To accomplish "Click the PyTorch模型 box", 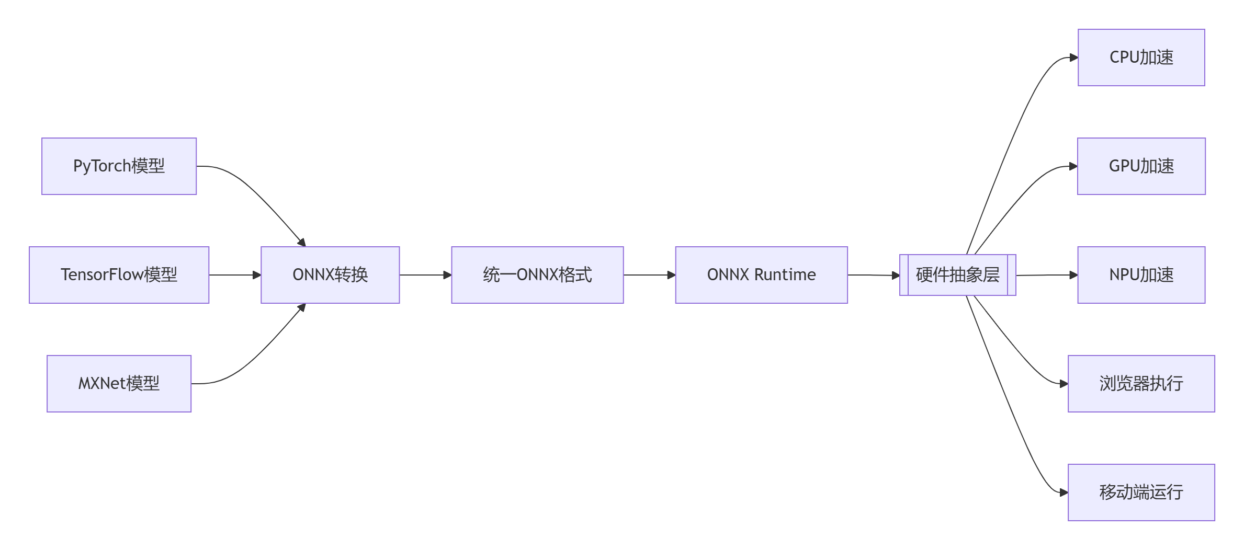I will (119, 166).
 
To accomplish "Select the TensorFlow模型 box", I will (119, 275).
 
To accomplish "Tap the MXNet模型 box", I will (119, 384).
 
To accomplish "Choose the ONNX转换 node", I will (330, 275).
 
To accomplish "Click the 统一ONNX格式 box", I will (537, 275).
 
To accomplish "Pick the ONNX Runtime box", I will (761, 275).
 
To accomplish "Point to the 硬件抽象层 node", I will (957, 275).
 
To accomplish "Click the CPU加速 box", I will (1141, 58).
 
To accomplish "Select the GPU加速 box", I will (1141, 166).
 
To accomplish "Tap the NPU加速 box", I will (1141, 275).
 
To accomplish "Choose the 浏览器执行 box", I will (1141, 384).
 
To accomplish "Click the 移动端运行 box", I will (1141, 492).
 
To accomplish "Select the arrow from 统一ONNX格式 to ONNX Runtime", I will (649, 275).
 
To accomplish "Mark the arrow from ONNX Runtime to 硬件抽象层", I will (873, 275).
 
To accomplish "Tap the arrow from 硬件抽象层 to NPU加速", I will (1046, 275).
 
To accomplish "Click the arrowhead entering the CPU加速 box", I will (1073, 58).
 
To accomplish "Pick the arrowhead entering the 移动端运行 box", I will (1064, 492).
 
